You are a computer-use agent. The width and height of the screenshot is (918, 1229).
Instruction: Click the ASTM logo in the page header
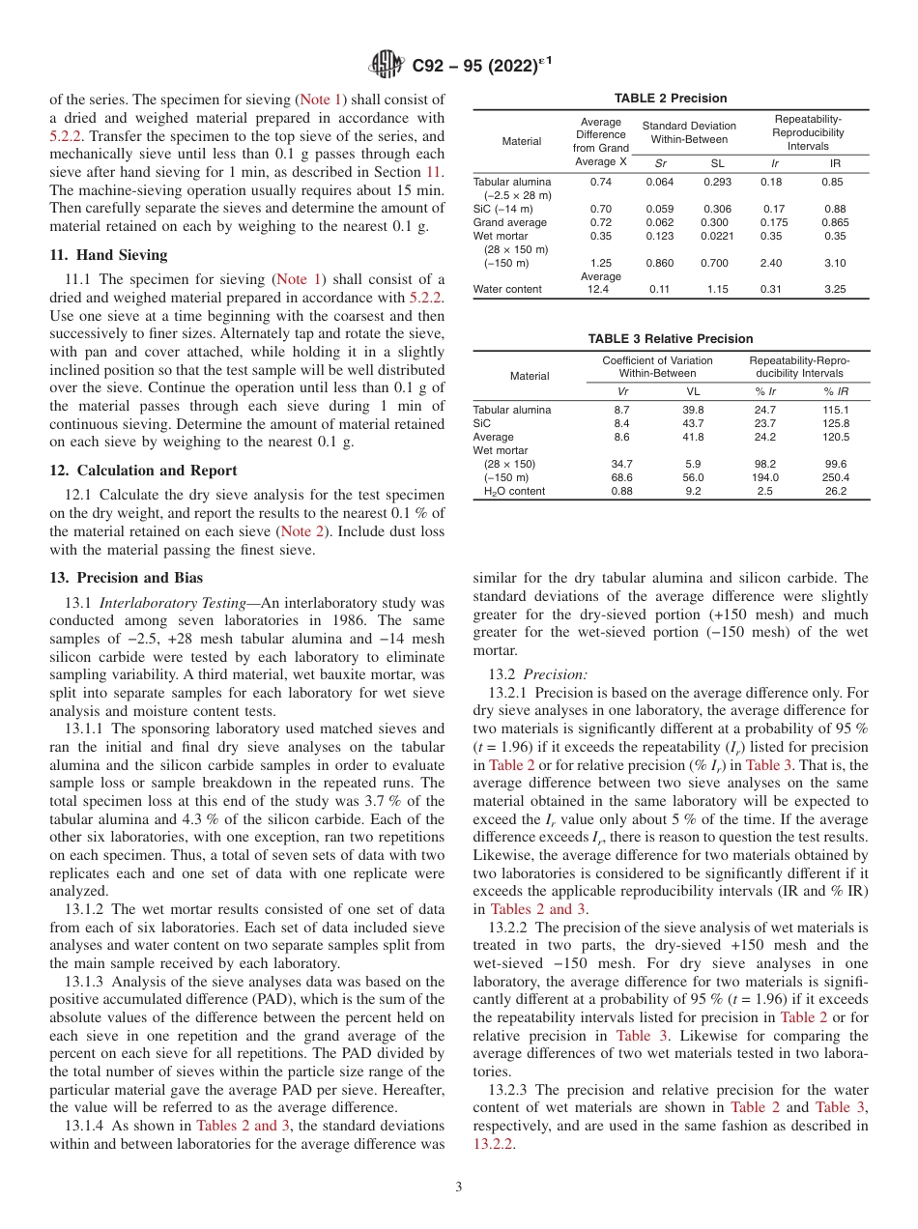(x=387, y=65)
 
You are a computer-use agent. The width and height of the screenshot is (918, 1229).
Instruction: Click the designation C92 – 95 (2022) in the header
(x=474, y=66)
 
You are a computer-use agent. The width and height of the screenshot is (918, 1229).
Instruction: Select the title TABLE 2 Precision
(x=670, y=99)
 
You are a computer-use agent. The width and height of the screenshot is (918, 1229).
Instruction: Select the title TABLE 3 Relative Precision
(x=670, y=339)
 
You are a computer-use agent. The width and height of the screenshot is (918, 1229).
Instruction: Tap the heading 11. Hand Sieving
(x=108, y=255)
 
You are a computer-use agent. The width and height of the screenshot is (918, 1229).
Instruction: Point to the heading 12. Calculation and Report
(x=143, y=471)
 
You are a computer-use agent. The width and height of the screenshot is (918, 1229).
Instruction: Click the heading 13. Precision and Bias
(x=127, y=578)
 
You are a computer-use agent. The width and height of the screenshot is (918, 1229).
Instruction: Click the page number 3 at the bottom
(x=459, y=1186)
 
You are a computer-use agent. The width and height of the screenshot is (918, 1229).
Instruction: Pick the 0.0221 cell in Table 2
(x=717, y=235)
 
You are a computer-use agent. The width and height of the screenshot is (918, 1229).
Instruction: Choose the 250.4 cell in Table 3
(x=835, y=477)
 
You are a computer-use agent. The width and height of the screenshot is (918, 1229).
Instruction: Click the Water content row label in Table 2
(x=507, y=289)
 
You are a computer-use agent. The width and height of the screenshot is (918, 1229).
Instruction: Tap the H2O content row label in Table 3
(x=514, y=491)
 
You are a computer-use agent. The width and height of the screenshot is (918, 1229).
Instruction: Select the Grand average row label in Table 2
(x=509, y=222)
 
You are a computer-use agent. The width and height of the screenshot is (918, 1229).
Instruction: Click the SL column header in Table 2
(x=717, y=164)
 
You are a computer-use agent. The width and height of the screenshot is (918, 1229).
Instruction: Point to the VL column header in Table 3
(x=693, y=391)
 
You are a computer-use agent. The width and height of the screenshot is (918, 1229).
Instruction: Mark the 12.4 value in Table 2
(x=600, y=289)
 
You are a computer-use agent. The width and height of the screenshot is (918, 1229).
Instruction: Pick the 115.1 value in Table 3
(x=835, y=410)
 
